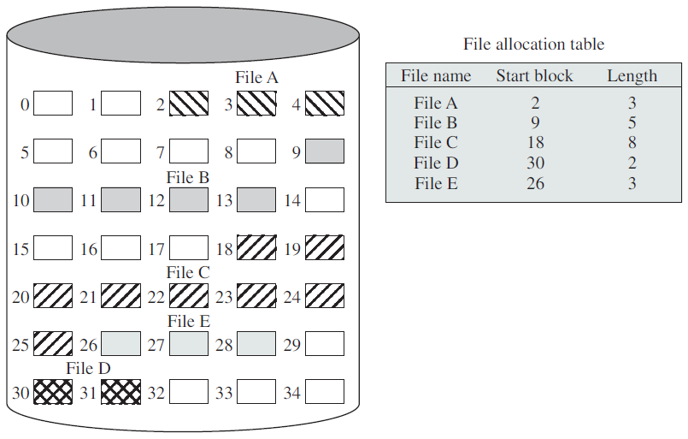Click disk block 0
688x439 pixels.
pos(53,104)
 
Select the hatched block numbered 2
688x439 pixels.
pos(189,104)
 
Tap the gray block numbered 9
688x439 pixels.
pos(325,151)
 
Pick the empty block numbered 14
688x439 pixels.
pos(325,200)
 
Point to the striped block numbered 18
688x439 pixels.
pos(256,247)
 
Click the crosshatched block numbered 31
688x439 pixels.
pos(121,392)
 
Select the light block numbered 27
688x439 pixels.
pos(189,344)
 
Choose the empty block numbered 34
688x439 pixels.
pos(325,392)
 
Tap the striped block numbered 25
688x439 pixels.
pos(53,344)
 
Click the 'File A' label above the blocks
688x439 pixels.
pos(256,77)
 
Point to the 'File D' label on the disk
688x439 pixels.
pos(88,368)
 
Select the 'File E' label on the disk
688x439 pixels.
pos(189,321)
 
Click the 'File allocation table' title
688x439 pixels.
pos(533,44)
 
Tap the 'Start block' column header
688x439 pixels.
pos(534,75)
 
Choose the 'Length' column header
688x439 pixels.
pos(632,76)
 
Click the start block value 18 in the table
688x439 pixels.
pos(535,142)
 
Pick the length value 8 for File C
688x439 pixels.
pos(632,142)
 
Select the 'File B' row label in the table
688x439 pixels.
pos(436,122)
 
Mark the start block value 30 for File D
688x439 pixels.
pos(535,163)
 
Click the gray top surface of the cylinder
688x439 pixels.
pos(183,35)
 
